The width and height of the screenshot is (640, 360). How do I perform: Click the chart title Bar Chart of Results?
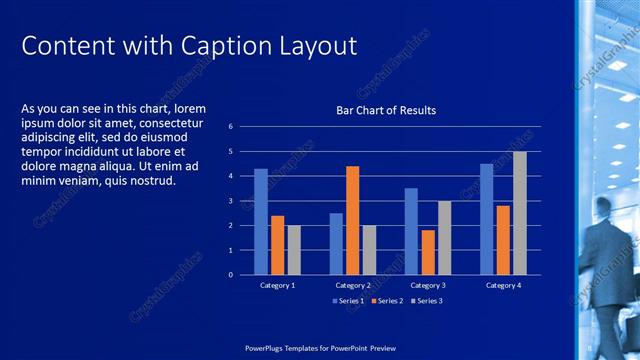pos(385,110)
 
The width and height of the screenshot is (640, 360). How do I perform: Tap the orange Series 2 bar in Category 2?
pos(352,220)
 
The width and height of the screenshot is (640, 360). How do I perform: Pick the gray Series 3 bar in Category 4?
pos(520,213)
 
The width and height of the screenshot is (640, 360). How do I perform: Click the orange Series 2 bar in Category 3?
pos(427,252)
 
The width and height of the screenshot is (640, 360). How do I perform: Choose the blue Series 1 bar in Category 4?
pos(486,219)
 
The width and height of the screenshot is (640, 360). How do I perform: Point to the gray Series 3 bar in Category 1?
pos(294,250)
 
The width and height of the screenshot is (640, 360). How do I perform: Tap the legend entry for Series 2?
pos(385,301)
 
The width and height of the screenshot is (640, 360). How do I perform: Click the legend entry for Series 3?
pos(425,301)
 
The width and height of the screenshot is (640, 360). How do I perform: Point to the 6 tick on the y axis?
pos(230,127)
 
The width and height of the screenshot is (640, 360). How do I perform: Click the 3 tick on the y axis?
pos(230,201)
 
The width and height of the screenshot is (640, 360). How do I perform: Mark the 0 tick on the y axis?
pos(230,274)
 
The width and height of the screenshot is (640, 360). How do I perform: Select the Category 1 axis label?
pos(277,286)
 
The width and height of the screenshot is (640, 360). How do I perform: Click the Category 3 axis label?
pos(427,286)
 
